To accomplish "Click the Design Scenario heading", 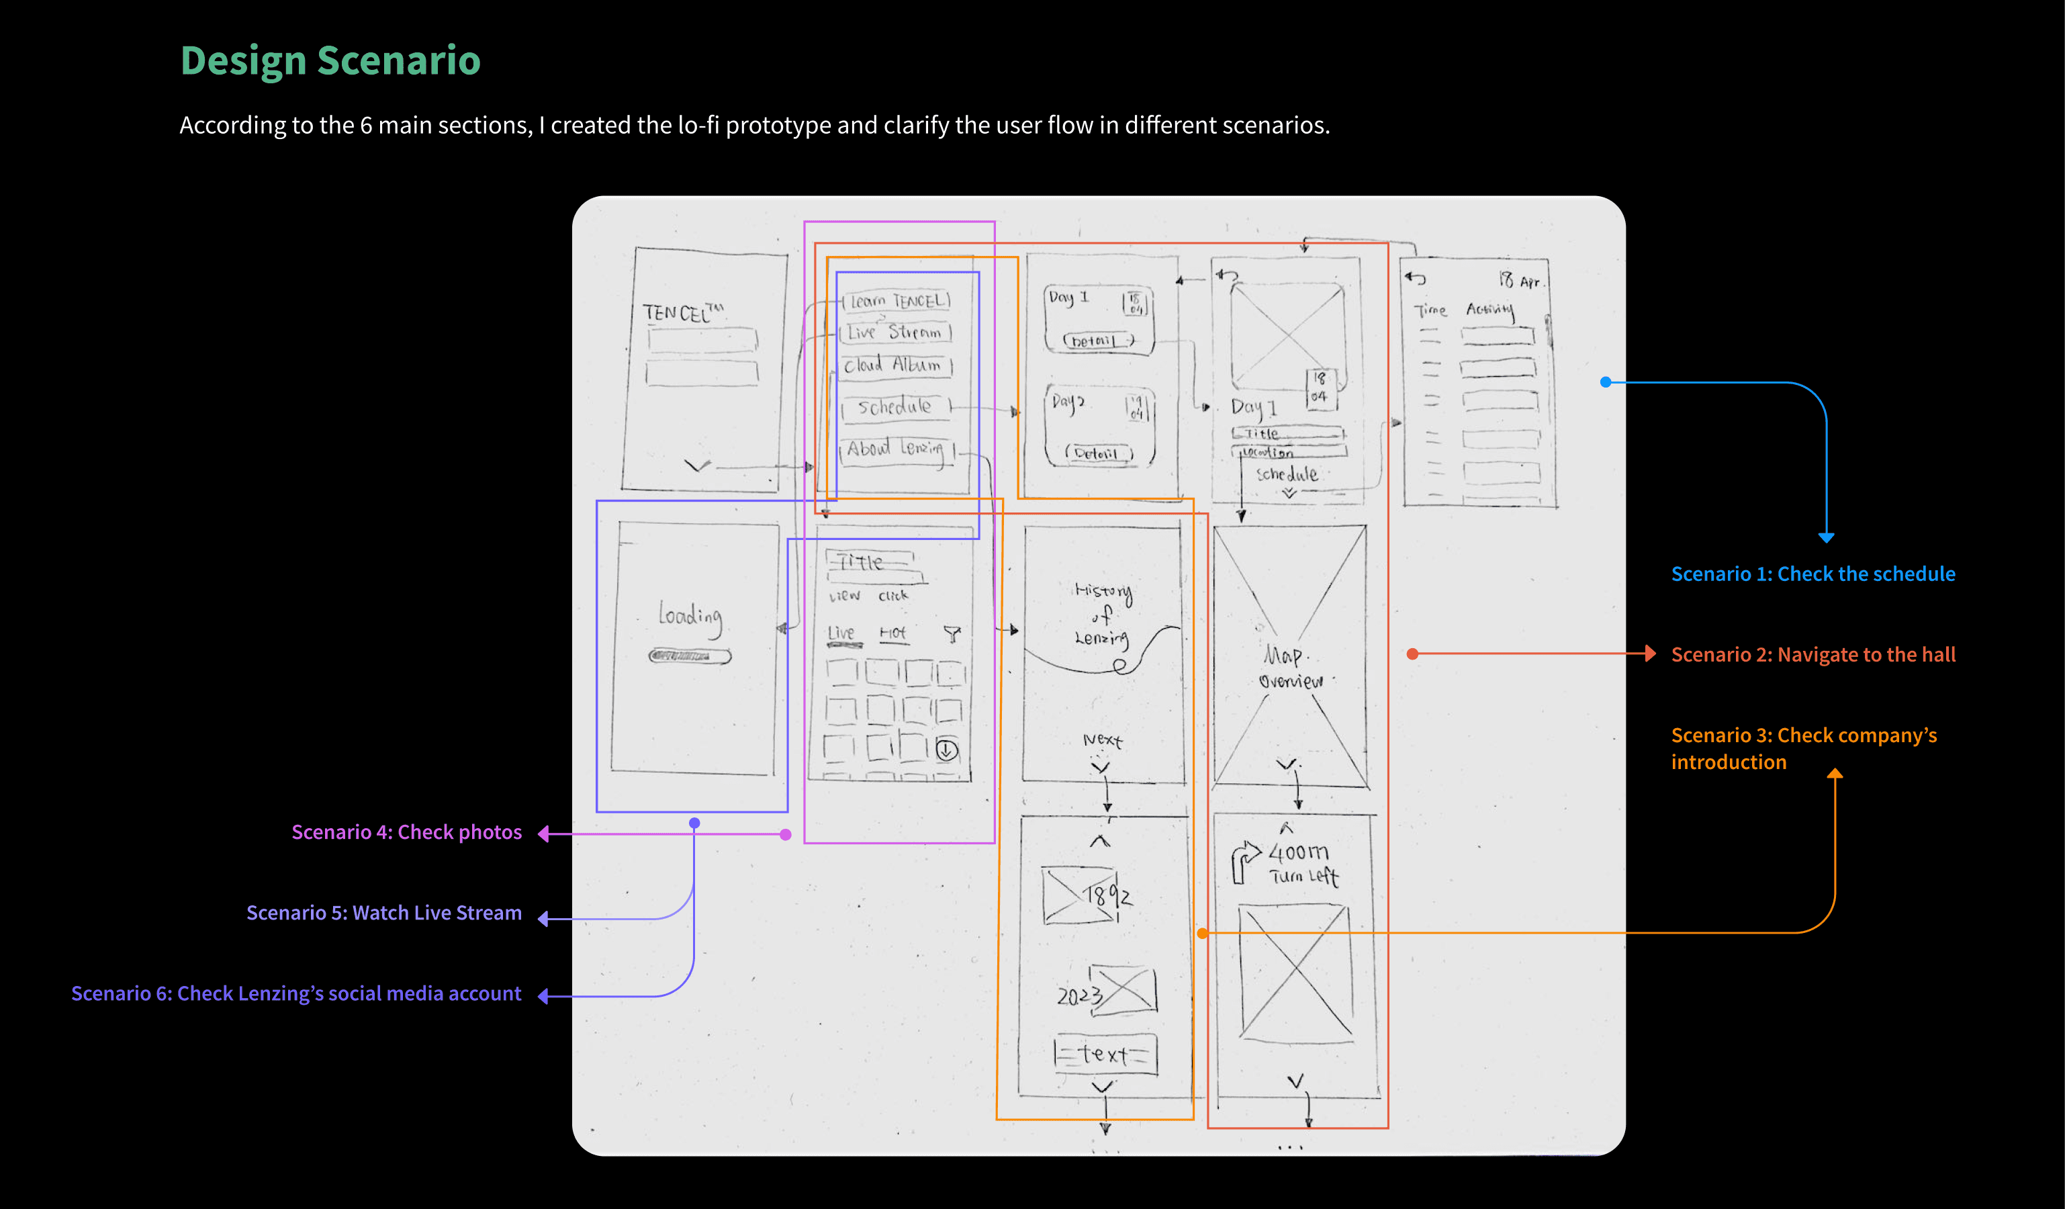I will tap(330, 60).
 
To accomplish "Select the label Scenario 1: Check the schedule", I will tap(1812, 574).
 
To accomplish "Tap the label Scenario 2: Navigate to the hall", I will tap(1812, 654).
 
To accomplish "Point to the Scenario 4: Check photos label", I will tap(406, 832).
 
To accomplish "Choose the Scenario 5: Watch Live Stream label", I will tap(383, 912).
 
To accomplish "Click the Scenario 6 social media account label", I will tap(296, 993).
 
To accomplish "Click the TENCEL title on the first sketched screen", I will tap(682, 312).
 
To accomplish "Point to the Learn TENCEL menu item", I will tap(898, 301).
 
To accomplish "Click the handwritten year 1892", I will tap(1108, 895).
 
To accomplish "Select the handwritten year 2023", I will tap(1079, 996).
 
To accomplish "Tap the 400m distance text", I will tap(1298, 852).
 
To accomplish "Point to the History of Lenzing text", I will tap(1103, 614).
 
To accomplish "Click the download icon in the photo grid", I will tap(946, 749).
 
